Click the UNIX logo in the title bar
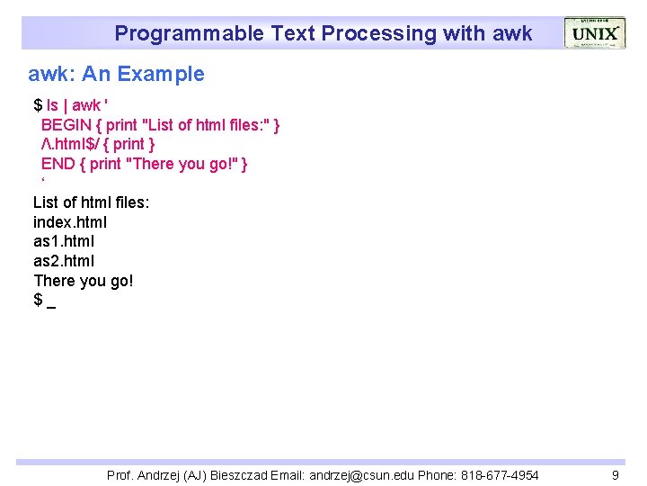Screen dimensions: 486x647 (x=594, y=32)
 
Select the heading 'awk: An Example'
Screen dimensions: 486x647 (x=116, y=74)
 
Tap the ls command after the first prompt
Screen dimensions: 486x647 (x=53, y=105)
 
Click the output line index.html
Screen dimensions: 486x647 (x=70, y=222)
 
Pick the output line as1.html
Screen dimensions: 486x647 (x=63, y=241)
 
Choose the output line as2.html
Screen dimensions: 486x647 (x=63, y=261)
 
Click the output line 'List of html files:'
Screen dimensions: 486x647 (x=91, y=202)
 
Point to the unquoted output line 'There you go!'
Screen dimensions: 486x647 (x=83, y=281)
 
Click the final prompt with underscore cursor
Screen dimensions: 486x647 (x=44, y=300)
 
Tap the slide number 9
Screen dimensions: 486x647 (x=615, y=474)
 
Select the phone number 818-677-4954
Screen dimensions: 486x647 (x=498, y=474)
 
